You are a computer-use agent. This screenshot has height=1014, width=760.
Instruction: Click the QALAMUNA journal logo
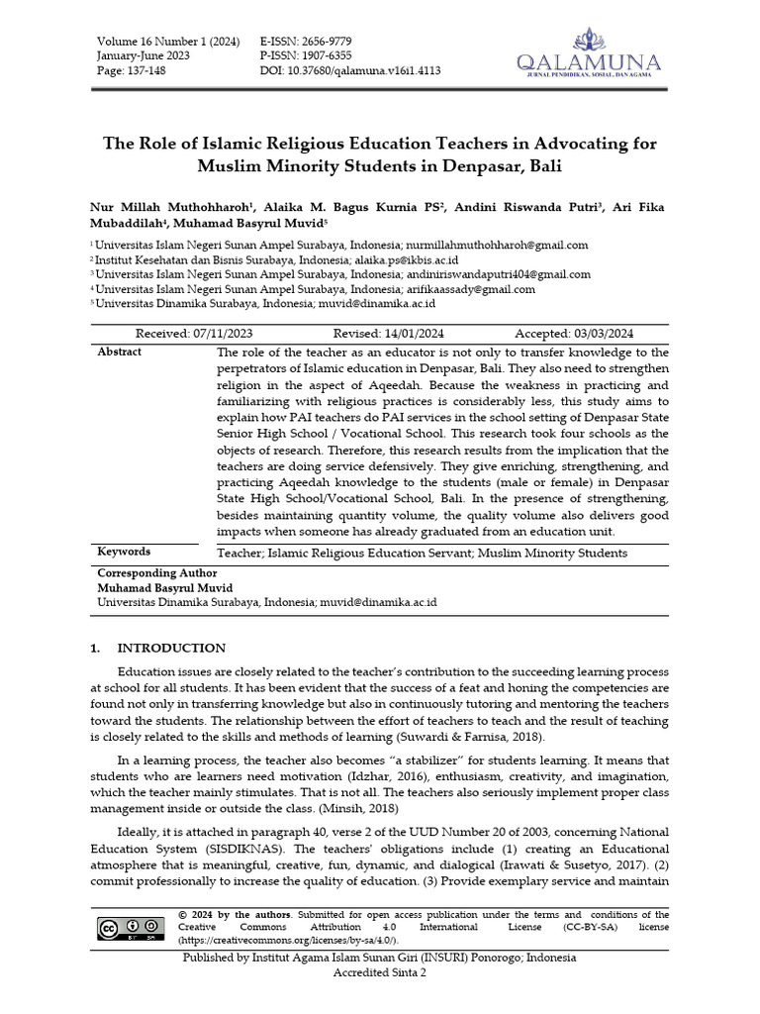[588, 55]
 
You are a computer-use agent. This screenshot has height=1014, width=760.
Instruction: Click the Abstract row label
[119, 352]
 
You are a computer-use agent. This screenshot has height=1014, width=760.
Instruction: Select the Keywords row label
[124, 552]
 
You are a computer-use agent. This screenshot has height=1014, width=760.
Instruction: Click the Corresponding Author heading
[156, 572]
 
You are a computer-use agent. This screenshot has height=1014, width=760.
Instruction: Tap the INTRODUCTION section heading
[171, 649]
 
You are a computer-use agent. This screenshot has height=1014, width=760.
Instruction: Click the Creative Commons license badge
[130, 927]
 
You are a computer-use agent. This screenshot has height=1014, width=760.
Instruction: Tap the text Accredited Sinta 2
[380, 973]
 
